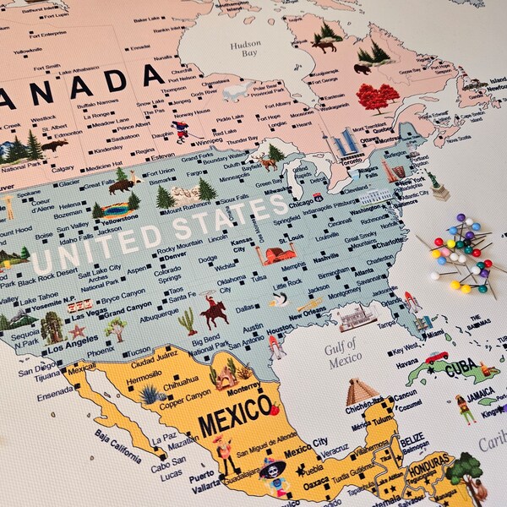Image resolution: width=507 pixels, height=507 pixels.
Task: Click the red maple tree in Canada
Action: (377, 97)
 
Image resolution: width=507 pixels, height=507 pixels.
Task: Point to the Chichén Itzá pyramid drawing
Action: (361, 391)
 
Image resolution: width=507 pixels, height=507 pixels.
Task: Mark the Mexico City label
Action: (306, 442)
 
